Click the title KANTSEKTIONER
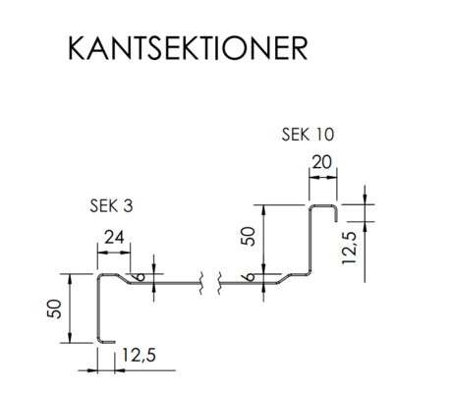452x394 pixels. (x=188, y=48)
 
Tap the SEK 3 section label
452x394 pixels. (x=111, y=206)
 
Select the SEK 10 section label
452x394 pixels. (x=308, y=135)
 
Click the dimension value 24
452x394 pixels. (x=114, y=237)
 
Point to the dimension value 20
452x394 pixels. (x=321, y=162)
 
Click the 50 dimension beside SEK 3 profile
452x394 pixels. (x=54, y=309)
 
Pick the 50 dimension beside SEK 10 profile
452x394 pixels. (x=248, y=236)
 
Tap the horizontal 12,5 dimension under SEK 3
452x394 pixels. (x=139, y=356)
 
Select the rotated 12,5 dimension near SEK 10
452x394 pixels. (x=349, y=248)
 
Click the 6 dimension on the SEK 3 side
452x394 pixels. (x=140, y=277)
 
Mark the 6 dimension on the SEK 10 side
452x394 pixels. (x=250, y=277)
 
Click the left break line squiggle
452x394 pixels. (x=200, y=283)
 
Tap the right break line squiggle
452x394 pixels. (x=219, y=283)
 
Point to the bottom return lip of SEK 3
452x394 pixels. (x=107, y=342)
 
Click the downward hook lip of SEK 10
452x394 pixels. (x=336, y=214)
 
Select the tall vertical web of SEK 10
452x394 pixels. (x=311, y=240)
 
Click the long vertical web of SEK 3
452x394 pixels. (x=98, y=308)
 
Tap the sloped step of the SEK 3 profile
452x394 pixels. (x=124, y=279)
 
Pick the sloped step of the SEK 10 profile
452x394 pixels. (x=285, y=279)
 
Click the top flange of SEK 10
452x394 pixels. (x=323, y=206)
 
